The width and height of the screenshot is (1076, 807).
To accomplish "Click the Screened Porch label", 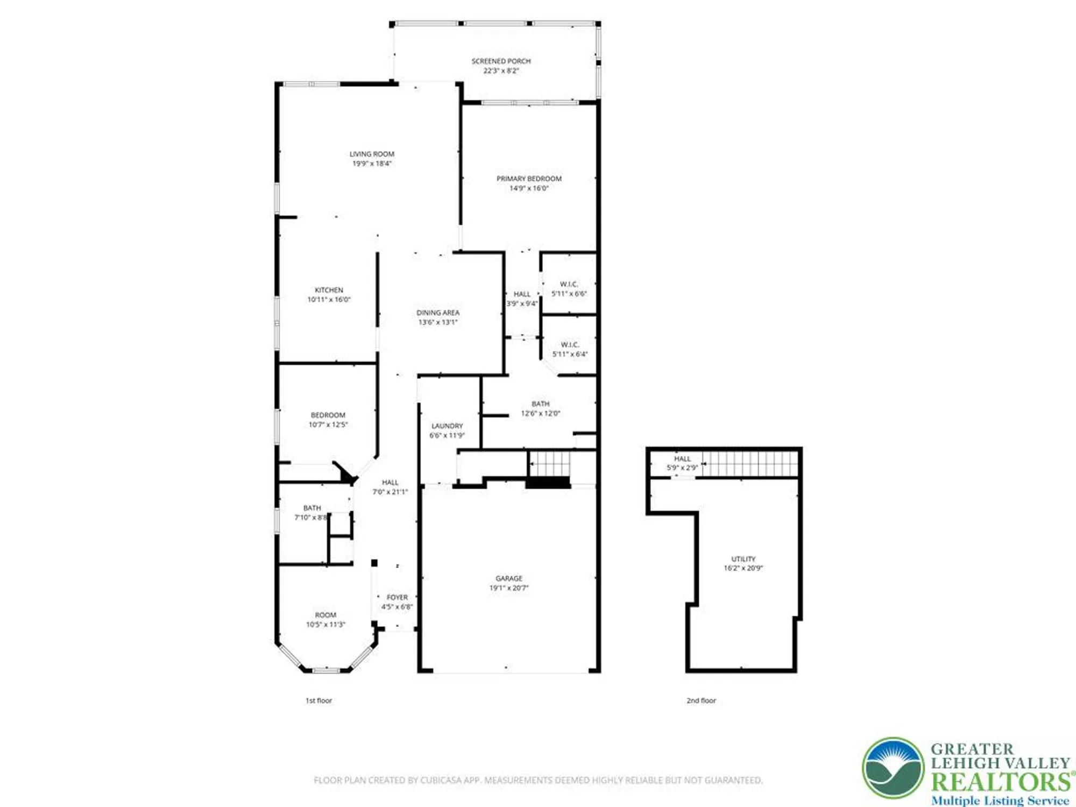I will [x=501, y=61].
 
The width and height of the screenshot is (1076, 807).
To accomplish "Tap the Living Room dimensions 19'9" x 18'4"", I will [x=372, y=164].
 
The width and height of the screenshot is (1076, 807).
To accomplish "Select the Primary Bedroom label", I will [x=529, y=179].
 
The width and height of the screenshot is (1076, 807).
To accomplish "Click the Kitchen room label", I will [x=329, y=290].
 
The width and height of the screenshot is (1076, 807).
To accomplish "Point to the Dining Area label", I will [x=438, y=313].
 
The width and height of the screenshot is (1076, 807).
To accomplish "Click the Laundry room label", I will [x=447, y=426].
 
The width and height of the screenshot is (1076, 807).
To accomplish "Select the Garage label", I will [x=509, y=578].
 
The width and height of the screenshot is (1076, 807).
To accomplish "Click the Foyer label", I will [x=397, y=597].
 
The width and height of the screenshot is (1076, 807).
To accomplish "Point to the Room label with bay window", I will [x=325, y=615].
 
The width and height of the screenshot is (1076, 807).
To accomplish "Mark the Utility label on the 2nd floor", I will [x=743, y=559].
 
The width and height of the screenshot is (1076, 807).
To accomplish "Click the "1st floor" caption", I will [x=318, y=700].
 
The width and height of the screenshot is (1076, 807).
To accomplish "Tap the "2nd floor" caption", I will [x=701, y=700].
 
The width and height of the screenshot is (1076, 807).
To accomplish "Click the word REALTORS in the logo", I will [x=1000, y=782].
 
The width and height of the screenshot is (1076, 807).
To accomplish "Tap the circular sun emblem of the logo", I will [x=893, y=768].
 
